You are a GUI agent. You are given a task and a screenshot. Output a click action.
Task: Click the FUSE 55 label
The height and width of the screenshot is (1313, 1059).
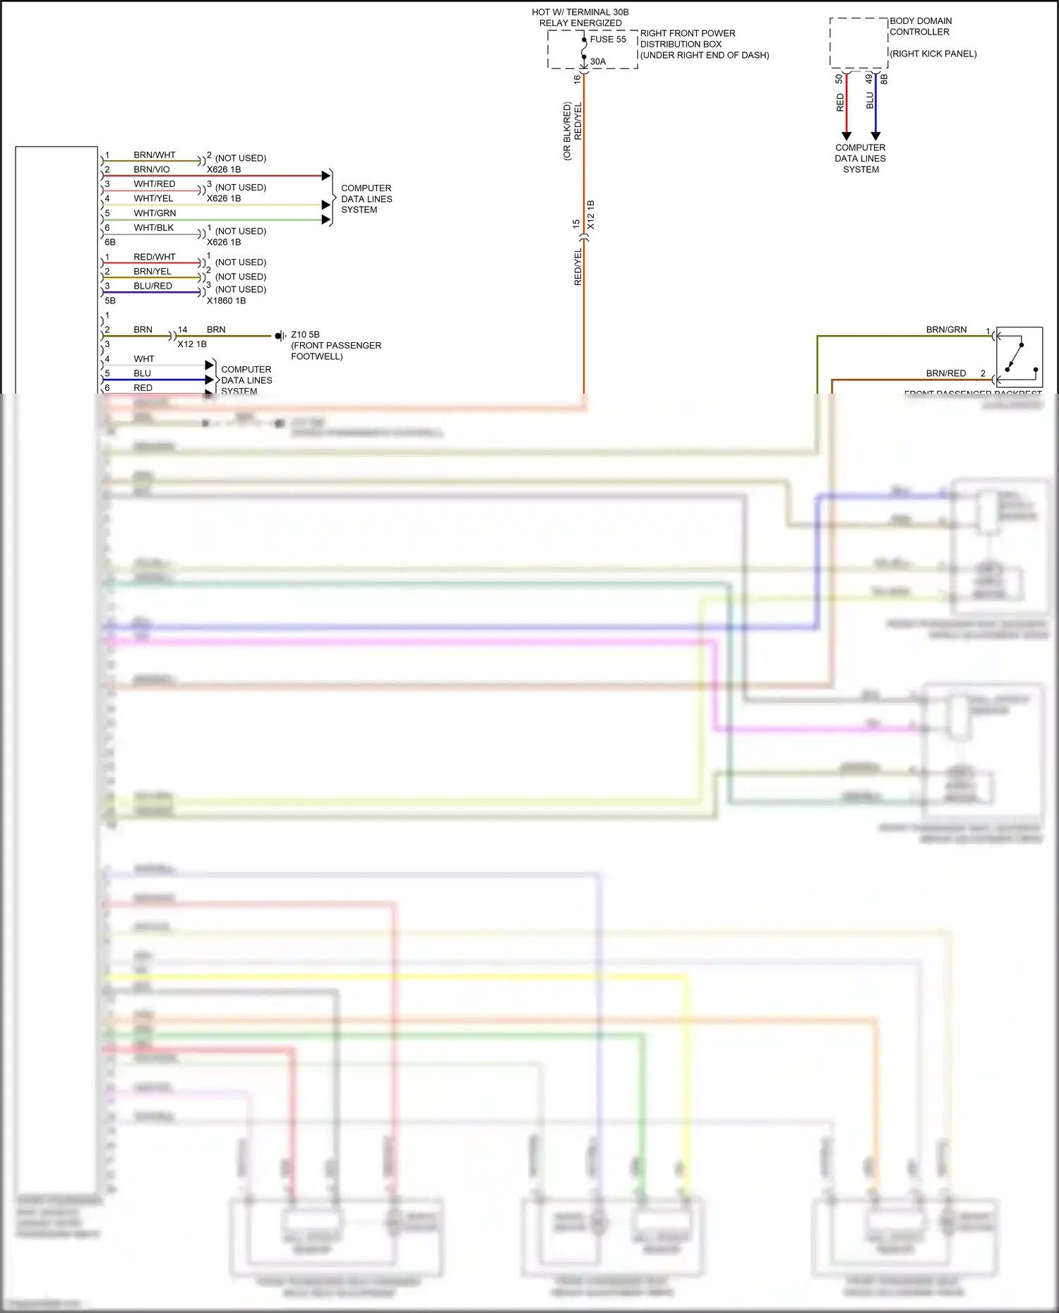coord(608,40)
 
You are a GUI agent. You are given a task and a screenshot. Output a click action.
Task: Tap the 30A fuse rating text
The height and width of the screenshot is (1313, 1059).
coord(598,61)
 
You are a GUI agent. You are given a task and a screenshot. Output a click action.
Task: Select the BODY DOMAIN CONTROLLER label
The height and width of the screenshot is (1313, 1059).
coord(920,26)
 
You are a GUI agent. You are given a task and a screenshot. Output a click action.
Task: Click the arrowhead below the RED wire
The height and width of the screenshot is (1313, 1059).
coord(846,136)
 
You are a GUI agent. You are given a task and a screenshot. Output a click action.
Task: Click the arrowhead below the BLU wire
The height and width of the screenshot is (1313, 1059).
coord(875,136)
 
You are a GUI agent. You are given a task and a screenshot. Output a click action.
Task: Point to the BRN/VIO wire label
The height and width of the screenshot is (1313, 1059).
coord(152,169)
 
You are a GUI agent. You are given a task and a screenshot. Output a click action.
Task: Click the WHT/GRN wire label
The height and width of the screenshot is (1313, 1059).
coord(155,213)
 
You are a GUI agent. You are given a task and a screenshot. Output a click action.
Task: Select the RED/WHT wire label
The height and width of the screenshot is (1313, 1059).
coord(155,257)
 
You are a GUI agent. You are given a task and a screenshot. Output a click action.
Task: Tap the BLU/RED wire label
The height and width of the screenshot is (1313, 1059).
coord(152,286)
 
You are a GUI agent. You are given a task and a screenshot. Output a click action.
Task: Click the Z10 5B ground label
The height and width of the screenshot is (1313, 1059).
coord(305,334)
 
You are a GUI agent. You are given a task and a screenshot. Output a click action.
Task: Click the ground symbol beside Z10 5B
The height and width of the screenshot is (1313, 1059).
coord(280,336)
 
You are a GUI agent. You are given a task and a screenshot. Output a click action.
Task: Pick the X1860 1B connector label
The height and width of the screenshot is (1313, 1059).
coord(226,301)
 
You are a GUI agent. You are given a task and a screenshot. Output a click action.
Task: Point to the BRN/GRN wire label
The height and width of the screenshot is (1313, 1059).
coord(946,329)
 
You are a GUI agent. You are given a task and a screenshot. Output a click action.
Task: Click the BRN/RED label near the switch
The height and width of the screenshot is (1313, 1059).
coord(945,373)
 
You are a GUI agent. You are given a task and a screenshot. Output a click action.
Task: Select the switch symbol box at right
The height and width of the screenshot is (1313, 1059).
coord(1019,357)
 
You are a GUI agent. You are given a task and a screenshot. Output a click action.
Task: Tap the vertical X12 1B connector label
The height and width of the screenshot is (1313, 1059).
coord(591,214)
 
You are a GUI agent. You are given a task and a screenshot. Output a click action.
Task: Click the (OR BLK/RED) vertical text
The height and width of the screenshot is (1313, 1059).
coord(567,131)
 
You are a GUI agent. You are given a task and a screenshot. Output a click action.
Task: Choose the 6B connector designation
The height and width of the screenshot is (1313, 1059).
coord(110,242)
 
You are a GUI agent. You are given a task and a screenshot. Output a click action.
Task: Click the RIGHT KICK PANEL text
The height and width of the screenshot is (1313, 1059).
coord(933,54)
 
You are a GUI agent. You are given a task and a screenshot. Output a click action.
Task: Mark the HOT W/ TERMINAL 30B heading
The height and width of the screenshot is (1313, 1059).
coord(580,12)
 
